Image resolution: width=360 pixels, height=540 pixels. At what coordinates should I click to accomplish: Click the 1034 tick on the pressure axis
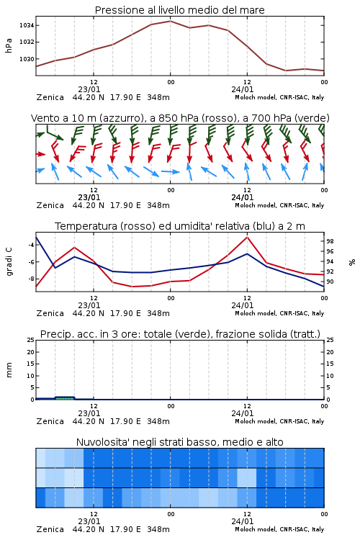(x=26, y=25)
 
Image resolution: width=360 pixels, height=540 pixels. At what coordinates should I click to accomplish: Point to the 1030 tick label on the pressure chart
(x=26, y=59)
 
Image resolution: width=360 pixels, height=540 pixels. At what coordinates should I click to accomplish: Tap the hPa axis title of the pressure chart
(x=9, y=45)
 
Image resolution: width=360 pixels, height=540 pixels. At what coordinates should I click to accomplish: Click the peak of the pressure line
(x=170, y=21)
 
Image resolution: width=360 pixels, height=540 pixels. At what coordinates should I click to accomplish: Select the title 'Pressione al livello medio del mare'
(x=180, y=10)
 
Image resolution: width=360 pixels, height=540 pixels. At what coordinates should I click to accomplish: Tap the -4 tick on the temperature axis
(x=31, y=245)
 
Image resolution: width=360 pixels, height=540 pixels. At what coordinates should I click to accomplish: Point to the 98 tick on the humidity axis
(x=330, y=241)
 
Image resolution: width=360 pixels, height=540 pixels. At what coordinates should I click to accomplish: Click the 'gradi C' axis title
(x=9, y=262)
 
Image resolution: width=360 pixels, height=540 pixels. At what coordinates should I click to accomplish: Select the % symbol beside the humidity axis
(x=352, y=262)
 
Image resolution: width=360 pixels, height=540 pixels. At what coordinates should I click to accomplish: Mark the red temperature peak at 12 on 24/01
(x=247, y=237)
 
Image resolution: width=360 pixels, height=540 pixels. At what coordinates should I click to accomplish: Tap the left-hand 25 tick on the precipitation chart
(x=31, y=340)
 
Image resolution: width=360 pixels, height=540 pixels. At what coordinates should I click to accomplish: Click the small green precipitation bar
(x=65, y=397)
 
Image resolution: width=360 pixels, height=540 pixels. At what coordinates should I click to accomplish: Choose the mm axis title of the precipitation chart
(x=9, y=370)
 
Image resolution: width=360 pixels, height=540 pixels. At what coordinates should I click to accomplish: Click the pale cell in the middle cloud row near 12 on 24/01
(x=247, y=477)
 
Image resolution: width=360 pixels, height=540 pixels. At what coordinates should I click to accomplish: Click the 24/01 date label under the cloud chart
(x=243, y=521)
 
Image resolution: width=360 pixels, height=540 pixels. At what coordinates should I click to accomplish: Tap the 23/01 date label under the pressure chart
(x=89, y=89)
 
